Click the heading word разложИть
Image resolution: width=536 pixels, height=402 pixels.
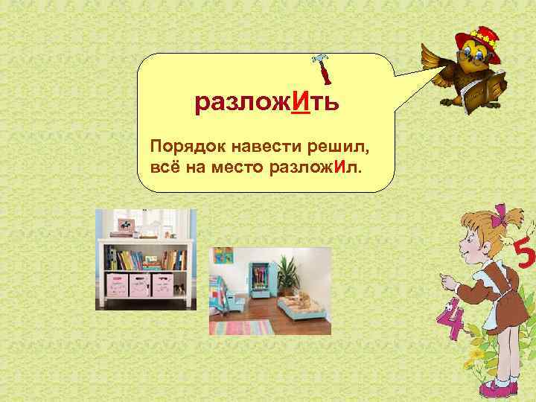pos(267,102)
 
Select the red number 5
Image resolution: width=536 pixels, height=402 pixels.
pos(524,257)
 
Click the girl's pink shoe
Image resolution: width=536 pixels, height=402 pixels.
pos(497,389)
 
